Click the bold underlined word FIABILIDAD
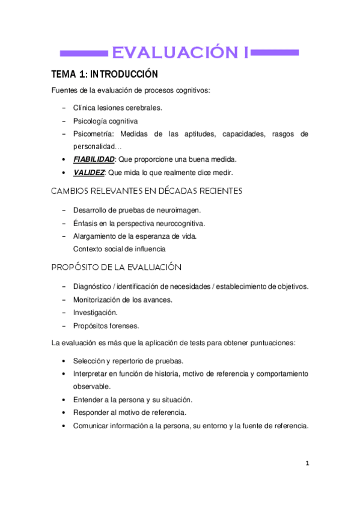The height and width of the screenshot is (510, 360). click(94, 159)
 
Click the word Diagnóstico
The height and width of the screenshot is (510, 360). click(94, 286)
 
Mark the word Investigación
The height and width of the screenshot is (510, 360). click(95, 313)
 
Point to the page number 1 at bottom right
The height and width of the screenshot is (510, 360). click(307, 463)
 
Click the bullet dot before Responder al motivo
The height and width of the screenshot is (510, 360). click(64, 413)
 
